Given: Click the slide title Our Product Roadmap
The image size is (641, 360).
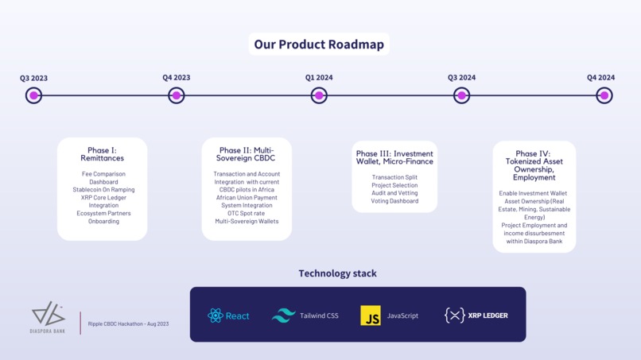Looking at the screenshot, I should [x=319, y=44].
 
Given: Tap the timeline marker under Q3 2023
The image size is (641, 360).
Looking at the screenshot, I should [x=33, y=95].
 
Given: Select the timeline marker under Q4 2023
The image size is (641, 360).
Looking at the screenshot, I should [x=177, y=95].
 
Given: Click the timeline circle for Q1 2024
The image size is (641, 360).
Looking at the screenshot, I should [x=319, y=95].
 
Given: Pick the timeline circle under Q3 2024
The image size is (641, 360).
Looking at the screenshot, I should [x=461, y=95].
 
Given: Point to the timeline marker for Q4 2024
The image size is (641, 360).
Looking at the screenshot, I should [x=604, y=95].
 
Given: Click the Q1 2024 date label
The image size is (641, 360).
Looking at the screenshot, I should [x=319, y=78].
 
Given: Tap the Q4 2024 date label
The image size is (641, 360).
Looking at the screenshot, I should [x=601, y=78].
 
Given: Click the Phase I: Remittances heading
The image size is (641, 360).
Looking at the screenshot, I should [x=102, y=154].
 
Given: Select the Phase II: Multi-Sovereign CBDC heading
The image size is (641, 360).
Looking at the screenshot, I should [x=247, y=154].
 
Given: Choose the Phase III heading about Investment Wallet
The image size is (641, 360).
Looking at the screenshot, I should [x=394, y=157].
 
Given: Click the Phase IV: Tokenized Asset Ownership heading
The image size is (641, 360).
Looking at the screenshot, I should [x=534, y=165].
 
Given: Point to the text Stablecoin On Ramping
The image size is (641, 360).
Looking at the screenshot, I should [x=103, y=190].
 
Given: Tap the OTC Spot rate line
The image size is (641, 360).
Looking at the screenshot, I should [x=247, y=213].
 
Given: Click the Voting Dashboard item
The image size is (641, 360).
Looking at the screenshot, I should [x=394, y=201].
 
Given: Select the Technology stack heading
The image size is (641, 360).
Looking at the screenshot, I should [x=337, y=273].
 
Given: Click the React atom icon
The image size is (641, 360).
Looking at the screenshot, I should [x=215, y=315].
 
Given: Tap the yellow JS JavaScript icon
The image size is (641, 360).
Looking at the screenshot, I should [x=371, y=315].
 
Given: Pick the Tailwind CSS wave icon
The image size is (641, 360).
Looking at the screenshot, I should [x=283, y=315].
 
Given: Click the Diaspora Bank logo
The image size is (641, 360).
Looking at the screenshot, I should [x=48, y=315].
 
